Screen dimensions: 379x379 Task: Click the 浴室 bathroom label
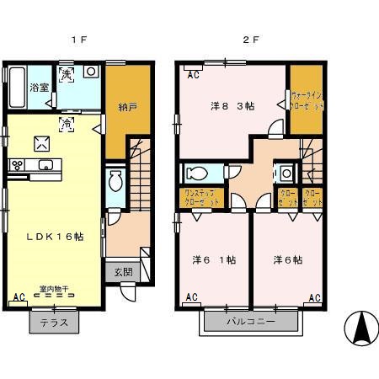(x=39, y=87)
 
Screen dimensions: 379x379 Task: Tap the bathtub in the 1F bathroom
(x=14, y=87)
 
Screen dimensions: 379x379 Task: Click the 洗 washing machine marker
(x=67, y=76)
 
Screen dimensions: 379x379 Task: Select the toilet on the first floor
(x=116, y=180)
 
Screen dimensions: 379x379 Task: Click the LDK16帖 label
(x=49, y=237)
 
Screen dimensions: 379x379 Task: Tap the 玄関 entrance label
(x=122, y=272)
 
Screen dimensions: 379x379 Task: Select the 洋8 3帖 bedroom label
(x=232, y=106)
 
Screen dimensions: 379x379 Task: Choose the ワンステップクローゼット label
(x=202, y=200)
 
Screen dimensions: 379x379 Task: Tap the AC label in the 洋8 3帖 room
(x=192, y=74)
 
